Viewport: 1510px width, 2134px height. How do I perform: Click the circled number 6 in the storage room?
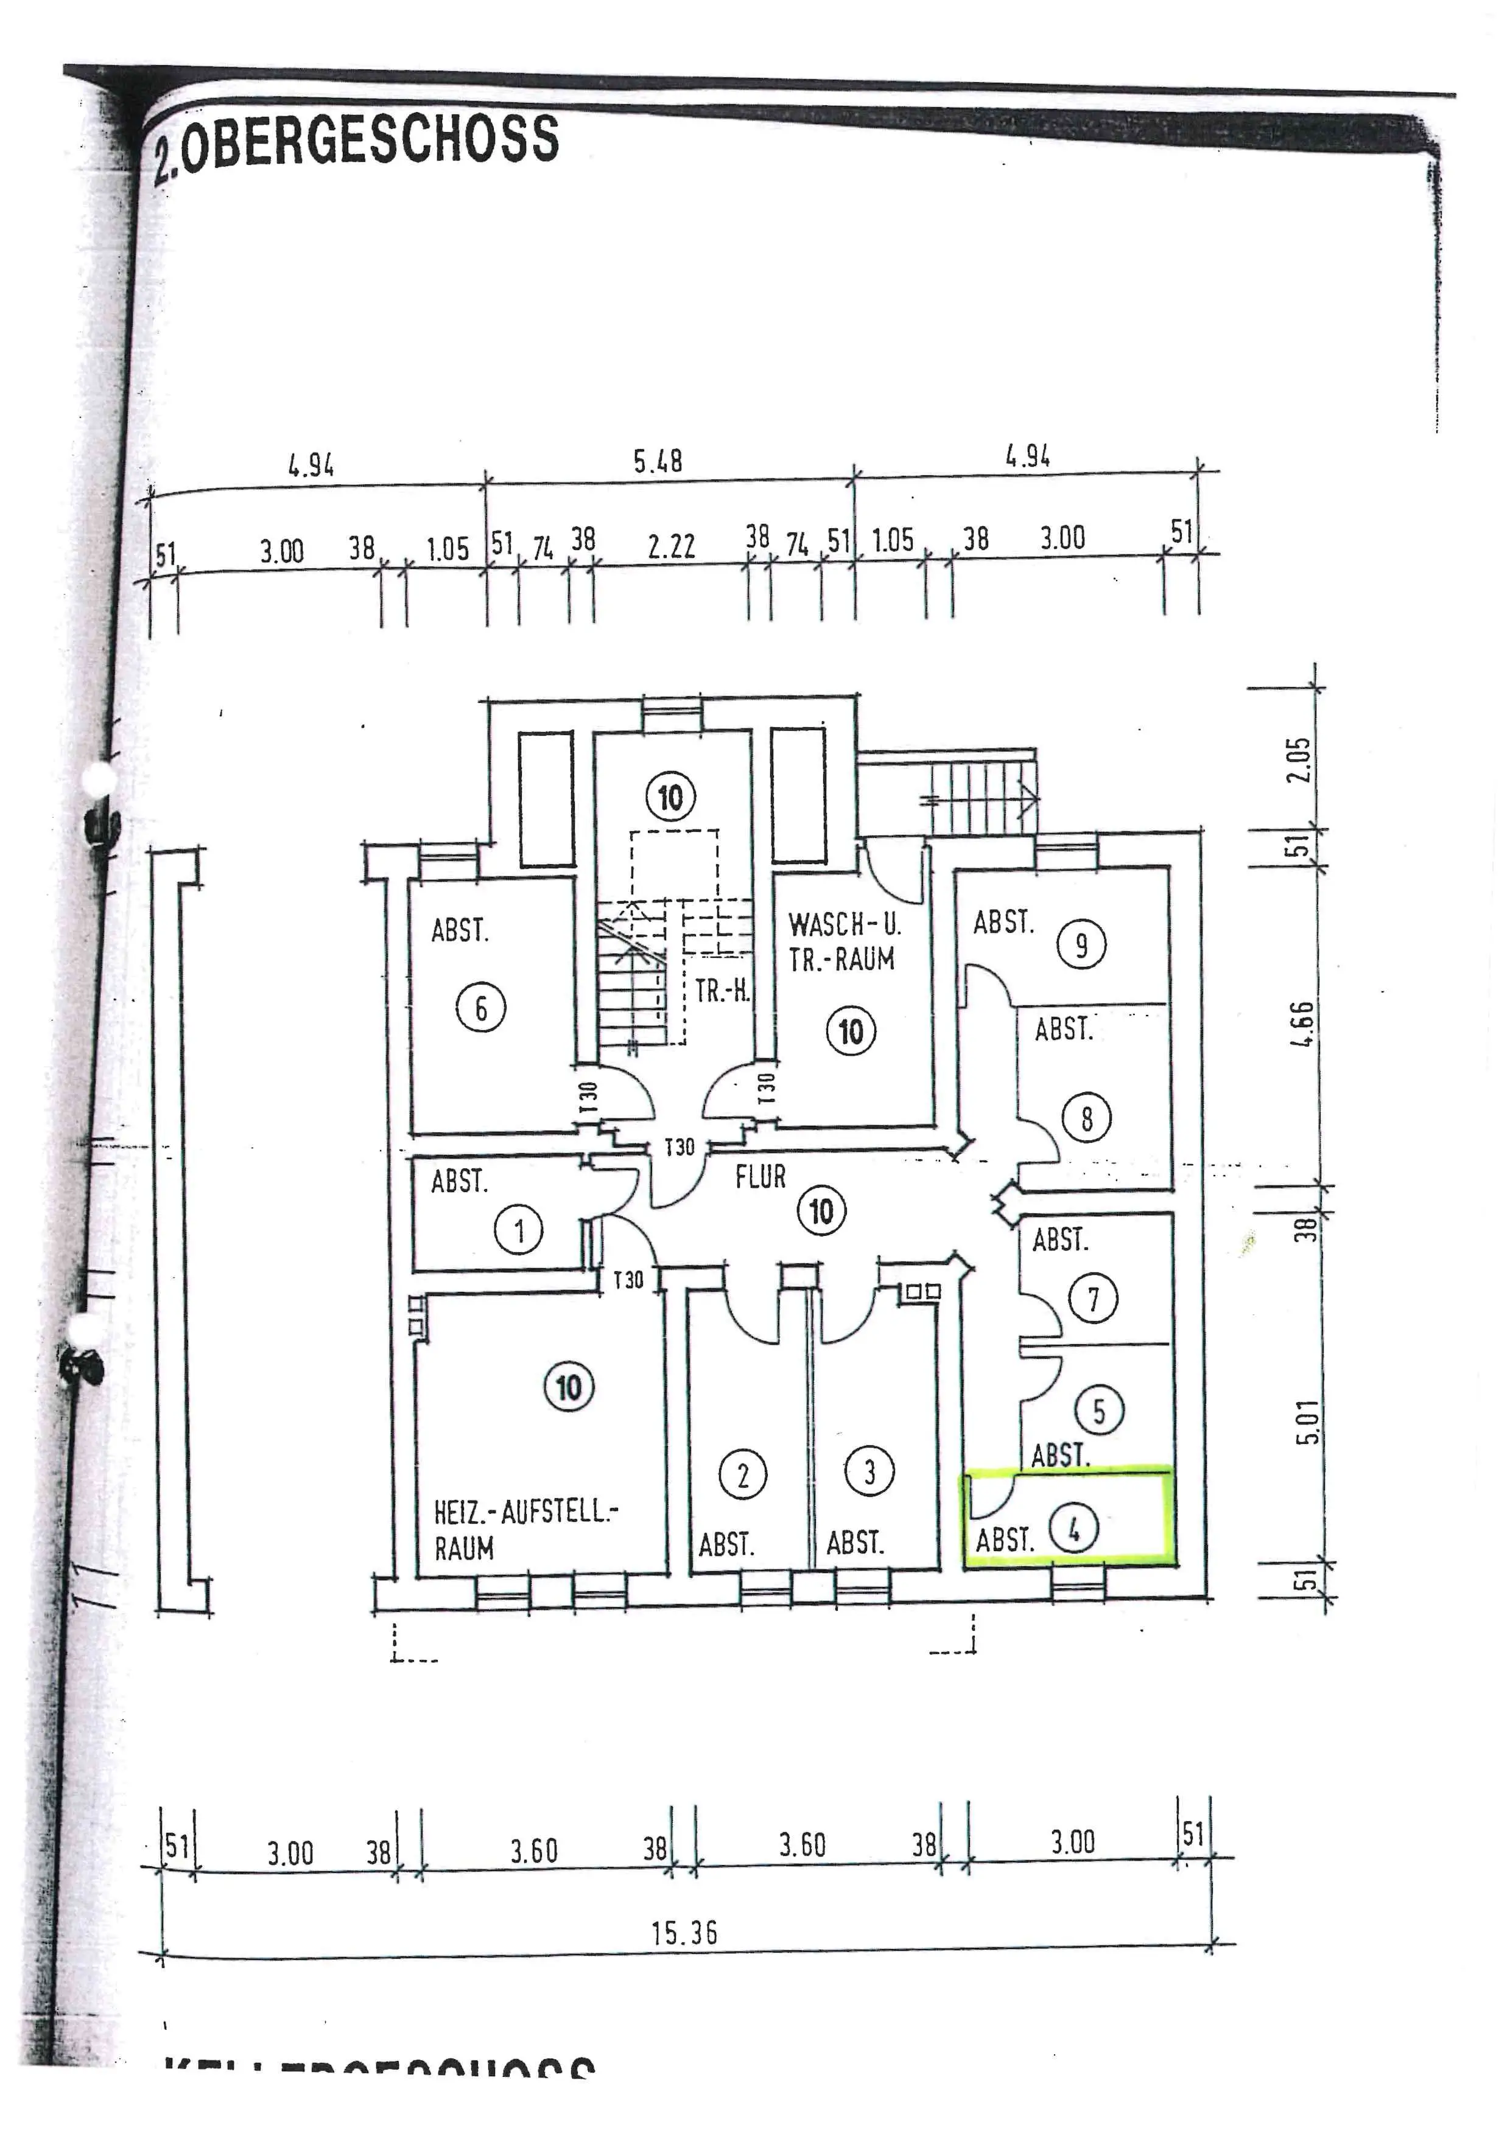coord(481,1008)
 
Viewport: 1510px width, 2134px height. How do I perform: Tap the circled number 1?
coord(519,1232)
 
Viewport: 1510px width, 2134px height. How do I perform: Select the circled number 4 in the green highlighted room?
coord(1074,1528)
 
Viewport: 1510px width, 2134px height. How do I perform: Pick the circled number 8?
coord(1087,1119)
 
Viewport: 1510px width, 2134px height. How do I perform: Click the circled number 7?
coord(1094,1299)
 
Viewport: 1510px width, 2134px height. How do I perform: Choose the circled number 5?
coord(1099,1412)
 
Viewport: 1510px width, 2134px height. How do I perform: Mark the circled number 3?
coord(869,1471)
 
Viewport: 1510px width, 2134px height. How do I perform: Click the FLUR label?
coord(760,1177)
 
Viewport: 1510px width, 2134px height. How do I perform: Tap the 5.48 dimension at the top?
coord(658,462)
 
